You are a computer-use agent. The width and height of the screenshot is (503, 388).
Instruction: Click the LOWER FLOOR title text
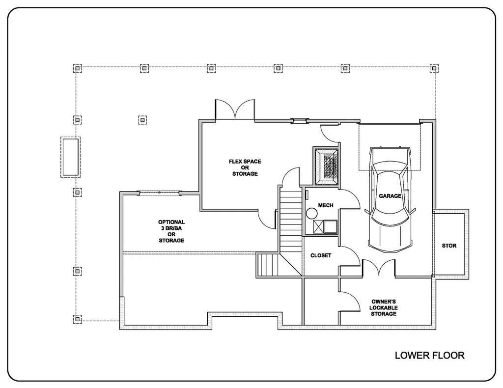[429, 355]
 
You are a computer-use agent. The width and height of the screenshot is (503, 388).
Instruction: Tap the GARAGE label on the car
[390, 196]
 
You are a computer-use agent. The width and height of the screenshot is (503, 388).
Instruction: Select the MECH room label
[326, 205]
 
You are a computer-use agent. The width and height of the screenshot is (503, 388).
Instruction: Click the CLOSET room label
[321, 255]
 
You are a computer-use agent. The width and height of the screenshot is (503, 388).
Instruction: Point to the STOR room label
[449, 246]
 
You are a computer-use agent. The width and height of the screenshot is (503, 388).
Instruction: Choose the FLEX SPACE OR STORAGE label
[245, 167]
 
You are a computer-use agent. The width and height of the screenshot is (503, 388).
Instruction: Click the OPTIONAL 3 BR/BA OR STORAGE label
[171, 231]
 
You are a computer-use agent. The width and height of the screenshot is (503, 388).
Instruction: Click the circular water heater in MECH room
[311, 214]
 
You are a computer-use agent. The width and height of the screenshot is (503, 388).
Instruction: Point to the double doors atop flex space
[235, 109]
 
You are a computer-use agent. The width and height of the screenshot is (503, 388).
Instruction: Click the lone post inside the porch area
[142, 119]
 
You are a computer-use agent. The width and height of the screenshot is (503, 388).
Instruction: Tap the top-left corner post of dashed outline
[77, 68]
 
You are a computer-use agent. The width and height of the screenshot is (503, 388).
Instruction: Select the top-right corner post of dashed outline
[434, 68]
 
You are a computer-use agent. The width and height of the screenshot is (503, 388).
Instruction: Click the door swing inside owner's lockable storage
[350, 301]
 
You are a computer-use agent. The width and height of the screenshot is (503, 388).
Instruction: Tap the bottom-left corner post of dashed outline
[77, 319]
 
